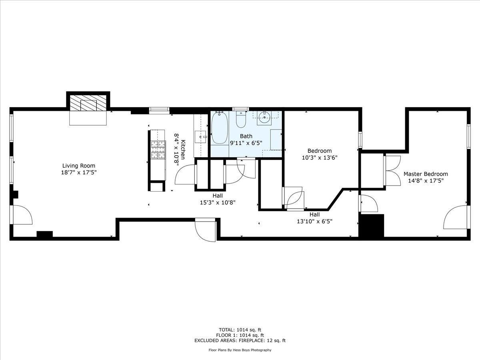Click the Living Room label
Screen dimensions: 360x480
pos(79,166)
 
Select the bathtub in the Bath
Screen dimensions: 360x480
pos(220,128)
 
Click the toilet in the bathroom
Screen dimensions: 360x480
pos(241,119)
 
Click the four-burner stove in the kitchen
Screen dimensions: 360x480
pos(158,150)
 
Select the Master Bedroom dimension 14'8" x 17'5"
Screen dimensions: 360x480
pos(426,180)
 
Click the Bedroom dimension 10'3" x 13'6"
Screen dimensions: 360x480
pos(320,158)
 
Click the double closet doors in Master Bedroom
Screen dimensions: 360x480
pos(393,170)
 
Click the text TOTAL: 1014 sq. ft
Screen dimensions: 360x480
pos(240,330)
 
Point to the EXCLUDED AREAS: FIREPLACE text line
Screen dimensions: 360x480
pos(240,341)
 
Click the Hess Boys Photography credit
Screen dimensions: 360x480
pos(240,350)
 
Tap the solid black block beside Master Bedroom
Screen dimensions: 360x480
pos(372,226)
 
